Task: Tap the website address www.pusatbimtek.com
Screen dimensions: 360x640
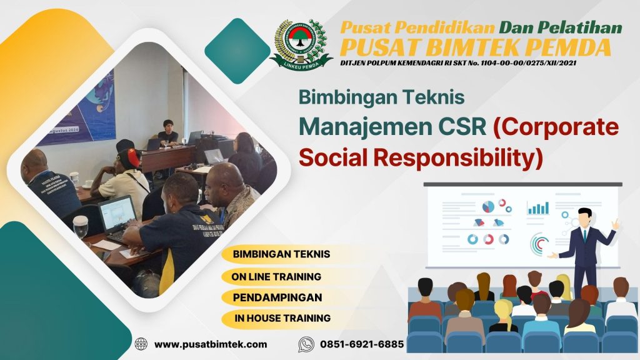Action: coord(211,344)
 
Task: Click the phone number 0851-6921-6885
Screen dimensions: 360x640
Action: coord(362,344)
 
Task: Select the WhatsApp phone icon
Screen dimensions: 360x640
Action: coord(306,344)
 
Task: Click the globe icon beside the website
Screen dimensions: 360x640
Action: coord(141,344)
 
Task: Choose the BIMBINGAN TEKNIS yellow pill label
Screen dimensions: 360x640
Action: coord(281,255)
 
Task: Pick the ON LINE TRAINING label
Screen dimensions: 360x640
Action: coord(276,276)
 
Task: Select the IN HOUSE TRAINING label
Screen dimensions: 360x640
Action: coord(282,318)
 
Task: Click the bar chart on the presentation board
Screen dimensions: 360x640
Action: coord(538,207)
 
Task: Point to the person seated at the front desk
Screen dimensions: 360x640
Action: coord(167,132)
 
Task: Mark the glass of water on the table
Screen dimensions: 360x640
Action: coord(81,226)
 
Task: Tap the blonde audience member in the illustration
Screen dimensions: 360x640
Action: coord(502,312)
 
